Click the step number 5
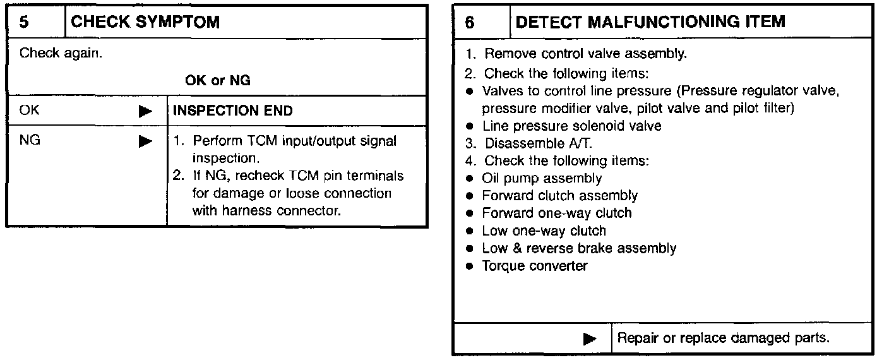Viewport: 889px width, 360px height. tap(23, 22)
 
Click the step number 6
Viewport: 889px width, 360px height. tap(469, 22)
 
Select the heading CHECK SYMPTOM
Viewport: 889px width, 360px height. tap(145, 22)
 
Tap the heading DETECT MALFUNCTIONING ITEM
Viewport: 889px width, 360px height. tap(650, 22)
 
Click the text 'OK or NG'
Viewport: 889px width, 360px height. tap(217, 81)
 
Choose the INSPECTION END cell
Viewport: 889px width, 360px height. tap(233, 111)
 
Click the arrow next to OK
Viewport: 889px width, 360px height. tap(145, 111)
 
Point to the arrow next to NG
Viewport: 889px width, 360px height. tap(145, 141)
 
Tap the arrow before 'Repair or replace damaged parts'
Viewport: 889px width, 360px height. tap(590, 339)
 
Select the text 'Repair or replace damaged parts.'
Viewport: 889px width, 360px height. tap(723, 339)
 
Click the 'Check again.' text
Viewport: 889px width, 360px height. tap(61, 52)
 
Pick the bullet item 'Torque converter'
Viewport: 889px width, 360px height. tap(534, 266)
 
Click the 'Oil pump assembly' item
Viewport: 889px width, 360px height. tap(542, 179)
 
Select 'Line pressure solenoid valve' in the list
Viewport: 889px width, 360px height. tap(571, 126)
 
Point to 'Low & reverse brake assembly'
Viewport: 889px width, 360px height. tap(578, 248)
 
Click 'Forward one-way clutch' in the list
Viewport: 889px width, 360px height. tap(556, 213)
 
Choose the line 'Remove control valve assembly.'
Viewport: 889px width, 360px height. tap(585, 54)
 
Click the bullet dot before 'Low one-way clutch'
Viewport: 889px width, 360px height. tap(470, 231)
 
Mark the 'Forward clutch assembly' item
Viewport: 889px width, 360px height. tap(559, 196)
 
